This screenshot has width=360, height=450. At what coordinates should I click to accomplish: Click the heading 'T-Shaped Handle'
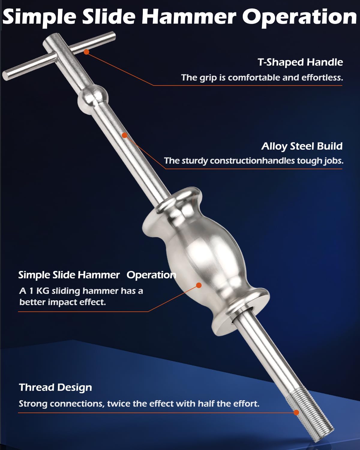tap(300, 62)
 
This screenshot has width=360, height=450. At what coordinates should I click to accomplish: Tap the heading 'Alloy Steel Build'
tap(302, 146)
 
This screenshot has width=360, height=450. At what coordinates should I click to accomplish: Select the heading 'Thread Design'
tap(55, 388)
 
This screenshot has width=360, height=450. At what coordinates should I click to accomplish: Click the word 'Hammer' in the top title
tap(189, 17)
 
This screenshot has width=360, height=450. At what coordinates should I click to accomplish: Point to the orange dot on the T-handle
tap(86, 52)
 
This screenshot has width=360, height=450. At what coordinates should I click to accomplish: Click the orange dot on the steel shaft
tap(125, 135)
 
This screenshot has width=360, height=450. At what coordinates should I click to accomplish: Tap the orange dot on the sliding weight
tap(199, 285)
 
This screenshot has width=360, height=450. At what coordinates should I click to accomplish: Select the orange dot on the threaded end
tap(296, 412)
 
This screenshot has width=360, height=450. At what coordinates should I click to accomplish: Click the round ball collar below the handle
tap(93, 100)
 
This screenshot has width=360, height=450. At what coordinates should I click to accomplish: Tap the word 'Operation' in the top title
tap(299, 17)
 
